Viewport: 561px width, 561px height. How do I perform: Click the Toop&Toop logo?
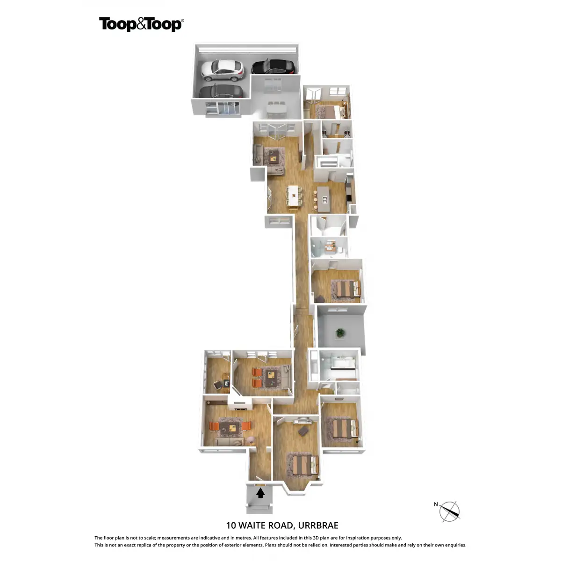point(141,24)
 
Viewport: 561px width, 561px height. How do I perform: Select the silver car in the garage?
point(222,69)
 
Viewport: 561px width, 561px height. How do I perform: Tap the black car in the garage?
point(273,67)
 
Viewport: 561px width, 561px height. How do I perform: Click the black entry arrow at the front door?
point(260,493)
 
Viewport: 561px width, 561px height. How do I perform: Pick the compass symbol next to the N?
point(450,511)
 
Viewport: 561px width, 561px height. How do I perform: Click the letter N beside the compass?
point(436,504)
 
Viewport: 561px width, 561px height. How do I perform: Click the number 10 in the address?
point(231,525)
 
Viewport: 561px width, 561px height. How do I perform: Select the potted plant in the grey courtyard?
point(340,333)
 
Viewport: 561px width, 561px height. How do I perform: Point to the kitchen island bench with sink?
point(324,198)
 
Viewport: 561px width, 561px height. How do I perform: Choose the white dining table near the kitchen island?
point(294,195)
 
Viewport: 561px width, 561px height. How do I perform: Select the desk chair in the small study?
point(218,384)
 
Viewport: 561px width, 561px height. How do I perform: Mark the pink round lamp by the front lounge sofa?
point(251,439)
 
